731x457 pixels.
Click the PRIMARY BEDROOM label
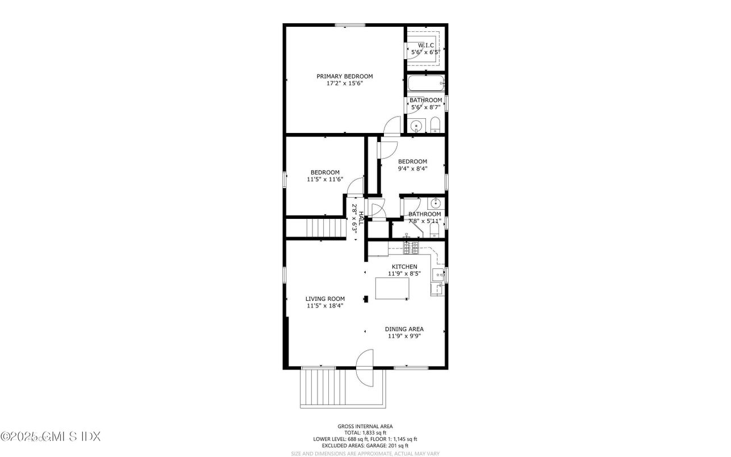(x=344, y=76)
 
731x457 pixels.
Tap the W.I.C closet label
(x=426, y=45)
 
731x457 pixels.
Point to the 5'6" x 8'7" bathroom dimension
(x=425, y=107)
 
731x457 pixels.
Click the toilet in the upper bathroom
(x=435, y=125)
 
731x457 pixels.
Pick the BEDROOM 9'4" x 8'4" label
(x=412, y=161)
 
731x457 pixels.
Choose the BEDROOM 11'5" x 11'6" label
(x=325, y=173)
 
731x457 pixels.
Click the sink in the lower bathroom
(x=436, y=203)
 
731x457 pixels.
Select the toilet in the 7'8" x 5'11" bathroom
(x=435, y=230)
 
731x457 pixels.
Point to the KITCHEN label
(x=404, y=267)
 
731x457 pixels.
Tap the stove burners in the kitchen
(x=411, y=247)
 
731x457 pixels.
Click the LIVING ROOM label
(x=325, y=299)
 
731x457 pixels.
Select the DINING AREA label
(x=404, y=329)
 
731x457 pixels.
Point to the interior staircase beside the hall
(x=325, y=228)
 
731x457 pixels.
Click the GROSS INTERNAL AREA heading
(x=365, y=426)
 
